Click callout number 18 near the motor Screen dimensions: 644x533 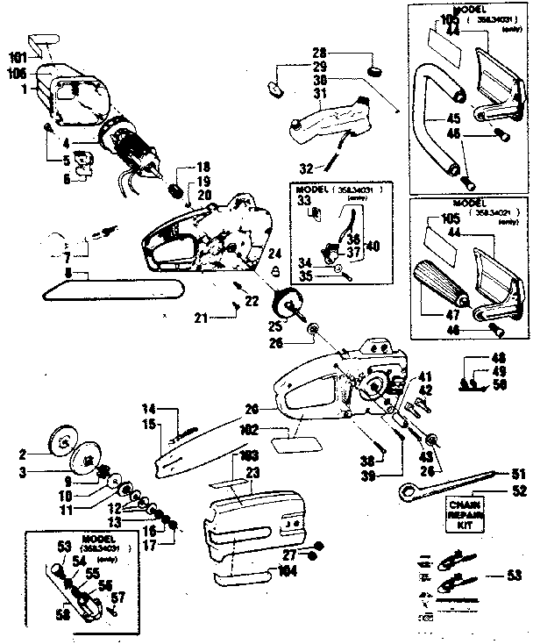tap(203, 167)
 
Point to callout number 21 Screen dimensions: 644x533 tap(202, 317)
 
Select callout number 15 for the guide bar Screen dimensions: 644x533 tap(152, 425)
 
